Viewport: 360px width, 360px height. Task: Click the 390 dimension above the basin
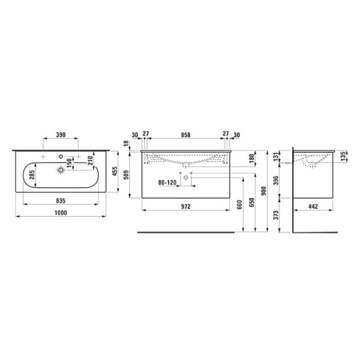coord(61,134)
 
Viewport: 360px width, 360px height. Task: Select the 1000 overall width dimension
coord(61,213)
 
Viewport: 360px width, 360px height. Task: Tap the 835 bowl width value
coord(61,200)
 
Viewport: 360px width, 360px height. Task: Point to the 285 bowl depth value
coord(32,175)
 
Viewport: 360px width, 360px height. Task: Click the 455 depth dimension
coord(115,171)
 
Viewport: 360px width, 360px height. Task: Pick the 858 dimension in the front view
coord(185,135)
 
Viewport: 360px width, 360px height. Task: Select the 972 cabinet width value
coord(185,206)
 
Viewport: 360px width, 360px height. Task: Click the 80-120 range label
coord(167,182)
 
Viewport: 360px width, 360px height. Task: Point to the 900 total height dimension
coord(264,191)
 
